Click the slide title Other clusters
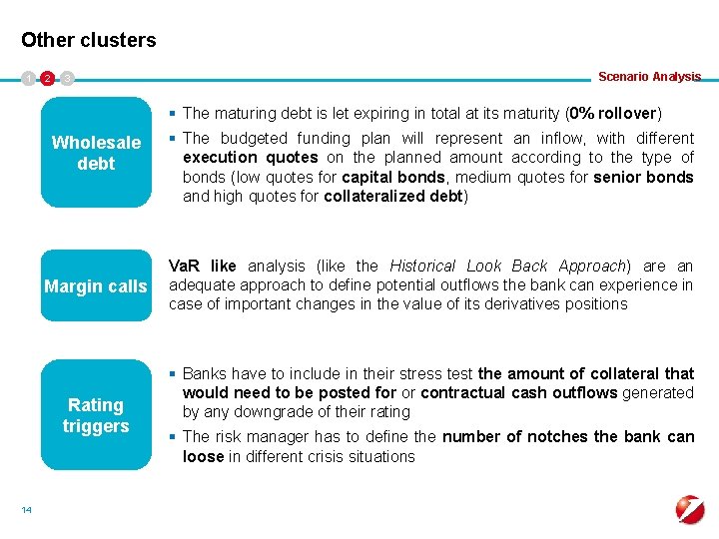(x=89, y=41)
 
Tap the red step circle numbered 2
(x=47, y=78)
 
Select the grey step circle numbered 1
(x=28, y=78)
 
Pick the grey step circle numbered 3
(x=67, y=78)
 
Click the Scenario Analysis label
(x=649, y=77)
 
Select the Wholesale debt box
(x=96, y=153)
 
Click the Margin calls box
(x=96, y=286)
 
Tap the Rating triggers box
(x=96, y=415)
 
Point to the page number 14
(x=26, y=510)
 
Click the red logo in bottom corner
(x=689, y=510)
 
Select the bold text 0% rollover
(x=613, y=114)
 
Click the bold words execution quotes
(x=250, y=158)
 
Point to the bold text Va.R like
(x=203, y=267)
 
